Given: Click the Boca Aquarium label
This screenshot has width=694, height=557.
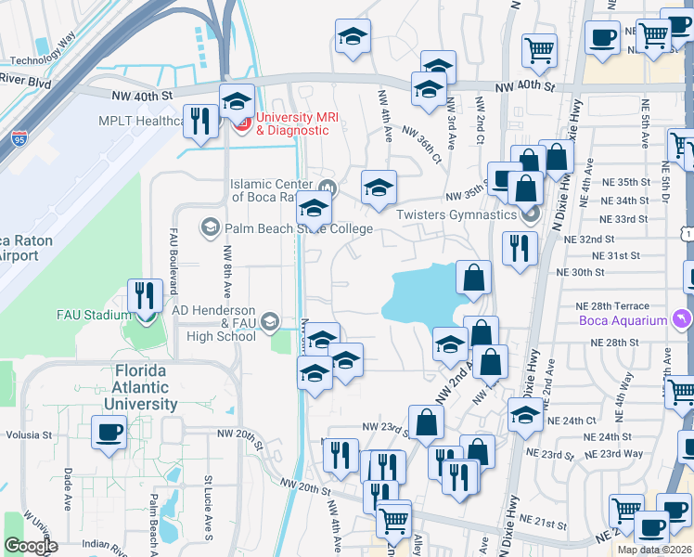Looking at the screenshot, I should [x=623, y=321].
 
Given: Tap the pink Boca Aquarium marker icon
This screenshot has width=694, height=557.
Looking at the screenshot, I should [x=683, y=320].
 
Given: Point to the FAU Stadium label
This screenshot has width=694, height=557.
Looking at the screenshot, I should [x=93, y=315].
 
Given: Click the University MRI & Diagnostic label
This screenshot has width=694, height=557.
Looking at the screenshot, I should [x=292, y=123].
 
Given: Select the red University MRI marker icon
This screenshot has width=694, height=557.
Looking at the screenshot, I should [x=241, y=123].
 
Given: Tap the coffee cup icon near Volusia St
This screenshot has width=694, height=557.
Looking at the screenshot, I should [x=109, y=432].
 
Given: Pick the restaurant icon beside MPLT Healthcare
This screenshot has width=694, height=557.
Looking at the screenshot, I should [x=200, y=121].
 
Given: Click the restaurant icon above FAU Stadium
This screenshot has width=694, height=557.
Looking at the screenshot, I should [x=144, y=296].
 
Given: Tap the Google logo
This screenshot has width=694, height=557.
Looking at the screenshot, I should [x=31, y=545].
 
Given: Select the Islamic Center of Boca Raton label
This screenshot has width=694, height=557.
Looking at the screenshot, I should [x=276, y=189].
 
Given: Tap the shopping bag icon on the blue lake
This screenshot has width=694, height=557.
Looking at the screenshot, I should [x=473, y=278].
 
